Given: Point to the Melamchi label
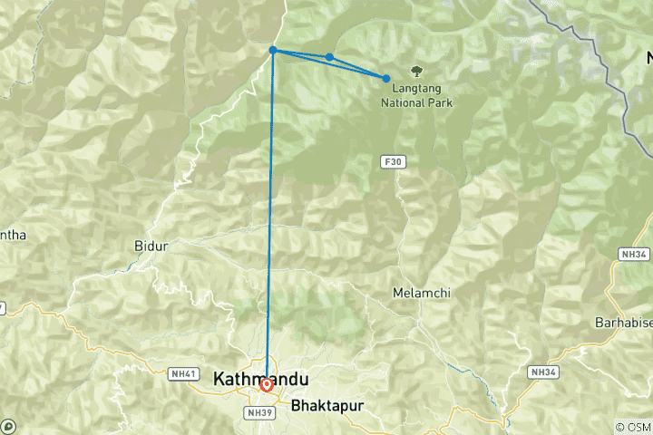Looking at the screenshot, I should tap(421, 293).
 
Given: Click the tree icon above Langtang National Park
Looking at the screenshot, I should tap(417, 70).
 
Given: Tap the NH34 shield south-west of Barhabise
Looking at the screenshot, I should tap(542, 372).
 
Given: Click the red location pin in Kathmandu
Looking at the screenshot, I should tap(267, 385).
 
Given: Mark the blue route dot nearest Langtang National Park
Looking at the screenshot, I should tap(386, 79).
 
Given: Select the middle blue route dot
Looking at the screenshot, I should tap(329, 57).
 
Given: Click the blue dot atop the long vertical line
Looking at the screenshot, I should tap(273, 51).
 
